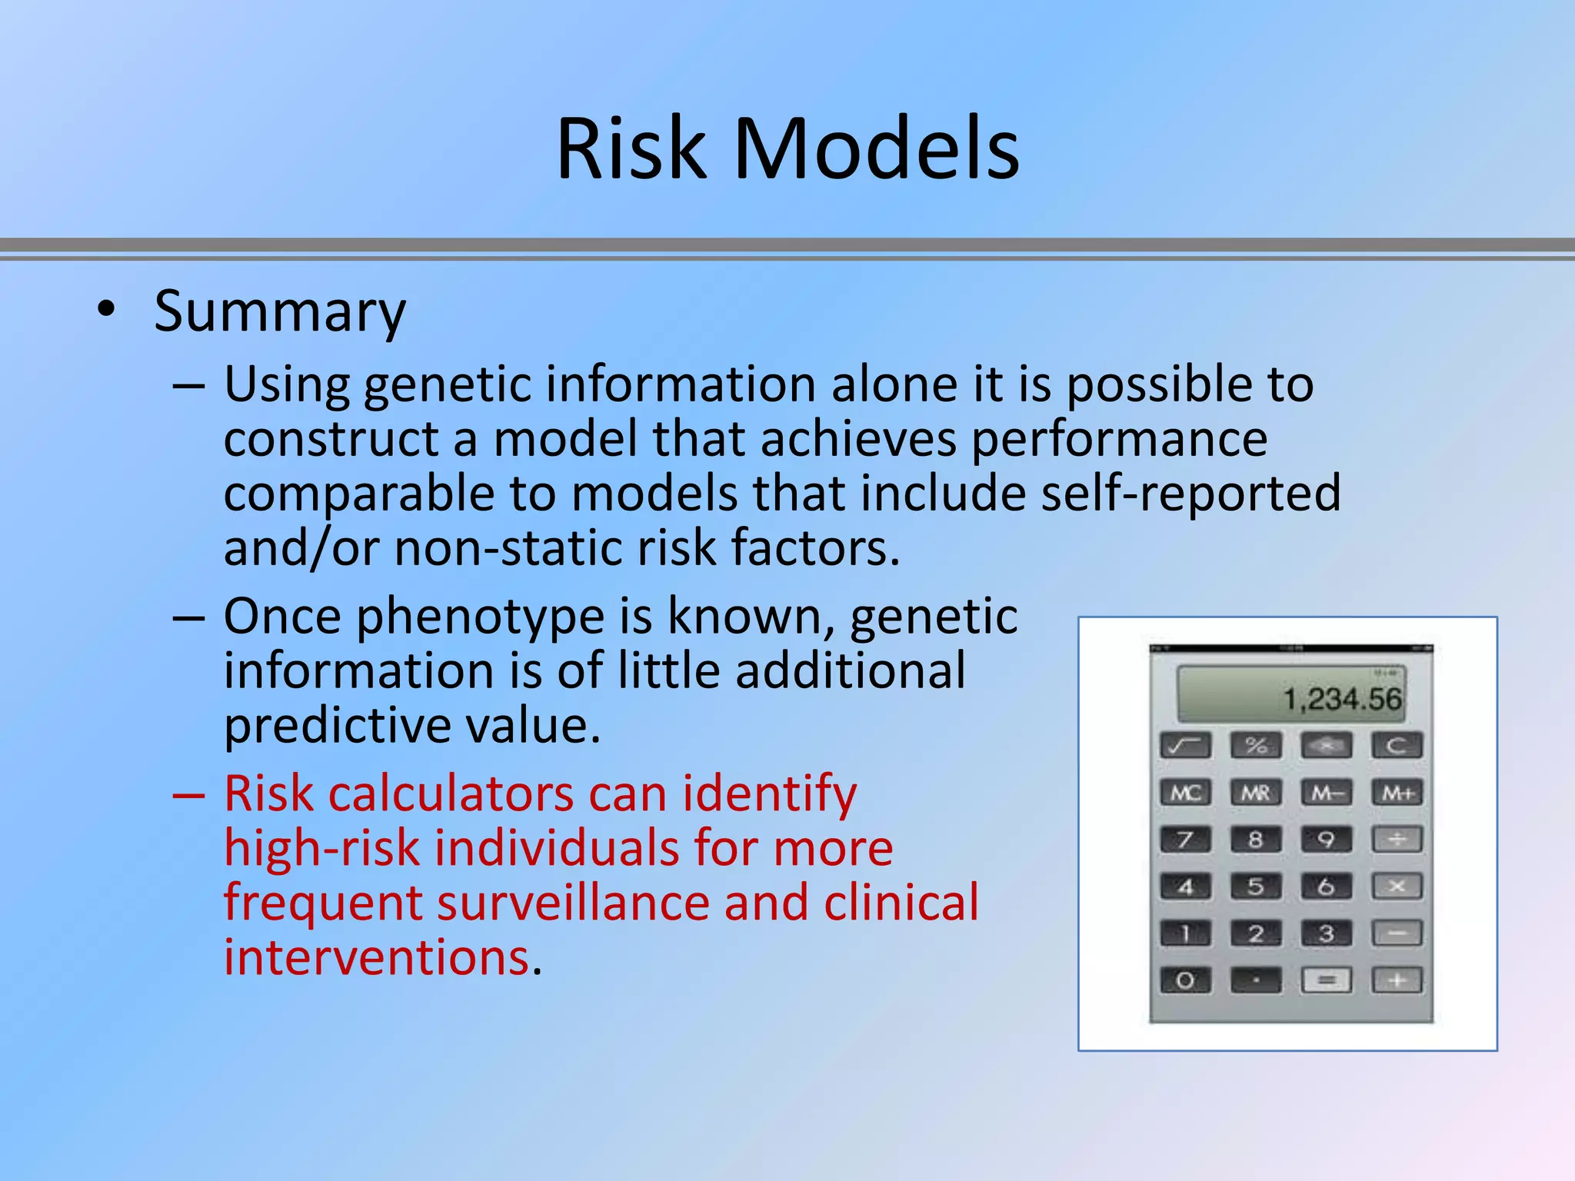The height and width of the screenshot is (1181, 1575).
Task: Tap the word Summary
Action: click(279, 312)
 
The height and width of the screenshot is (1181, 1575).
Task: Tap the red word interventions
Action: click(377, 958)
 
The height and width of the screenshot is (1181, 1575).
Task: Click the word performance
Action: click(1119, 440)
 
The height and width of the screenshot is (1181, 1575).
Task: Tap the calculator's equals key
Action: click(1327, 980)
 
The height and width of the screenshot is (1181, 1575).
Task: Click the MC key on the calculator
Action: click(1185, 793)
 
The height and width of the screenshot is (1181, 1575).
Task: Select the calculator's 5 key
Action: click(1256, 887)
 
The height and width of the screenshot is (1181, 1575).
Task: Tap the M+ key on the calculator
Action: click(1397, 793)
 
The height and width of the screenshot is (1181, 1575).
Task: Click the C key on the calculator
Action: click(1397, 745)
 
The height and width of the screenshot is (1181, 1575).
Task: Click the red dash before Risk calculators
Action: click(188, 795)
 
